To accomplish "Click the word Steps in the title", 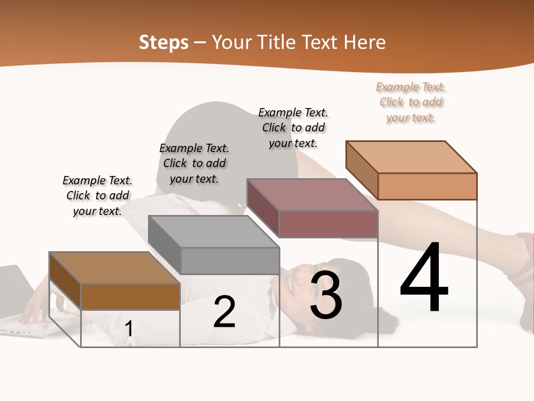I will pyautogui.click(x=164, y=42).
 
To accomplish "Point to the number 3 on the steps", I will pyautogui.click(x=326, y=295).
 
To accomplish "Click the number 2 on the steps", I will pyautogui.click(x=224, y=312).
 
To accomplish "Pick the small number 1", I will pyautogui.click(x=129, y=329).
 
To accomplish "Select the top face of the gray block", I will pyautogui.click(x=214, y=231).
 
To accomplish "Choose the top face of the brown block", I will pyautogui.click(x=115, y=268).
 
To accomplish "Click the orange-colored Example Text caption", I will pyautogui.click(x=411, y=102).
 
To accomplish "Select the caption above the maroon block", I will pyautogui.click(x=293, y=128).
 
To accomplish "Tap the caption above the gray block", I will pyautogui.click(x=194, y=163).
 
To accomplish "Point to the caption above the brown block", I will pyautogui.click(x=97, y=195).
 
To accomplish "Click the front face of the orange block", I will pyautogui.click(x=427, y=186).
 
